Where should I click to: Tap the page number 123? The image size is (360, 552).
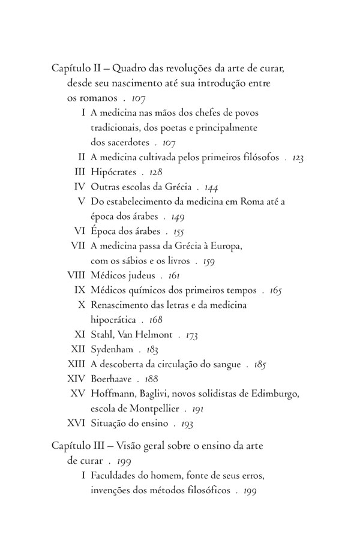click(298, 158)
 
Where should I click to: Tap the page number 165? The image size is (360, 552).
click(275, 290)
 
